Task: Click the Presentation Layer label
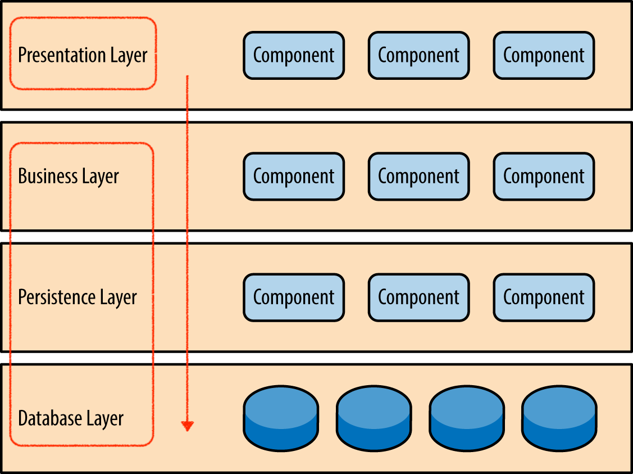pos(83,55)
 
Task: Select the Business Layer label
pos(69,176)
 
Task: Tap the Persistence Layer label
pos(78,297)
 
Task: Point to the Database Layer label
pos(71,418)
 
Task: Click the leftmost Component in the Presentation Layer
pos(294,55)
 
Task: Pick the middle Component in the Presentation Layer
pos(418,55)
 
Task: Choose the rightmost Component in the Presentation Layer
pos(544,55)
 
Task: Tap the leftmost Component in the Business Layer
pos(294,176)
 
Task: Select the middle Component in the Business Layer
pos(418,176)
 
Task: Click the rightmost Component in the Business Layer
pos(544,176)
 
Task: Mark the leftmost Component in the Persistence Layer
pos(294,297)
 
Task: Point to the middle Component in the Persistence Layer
pos(418,297)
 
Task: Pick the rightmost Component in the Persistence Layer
pos(544,297)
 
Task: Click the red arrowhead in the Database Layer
pos(188,426)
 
